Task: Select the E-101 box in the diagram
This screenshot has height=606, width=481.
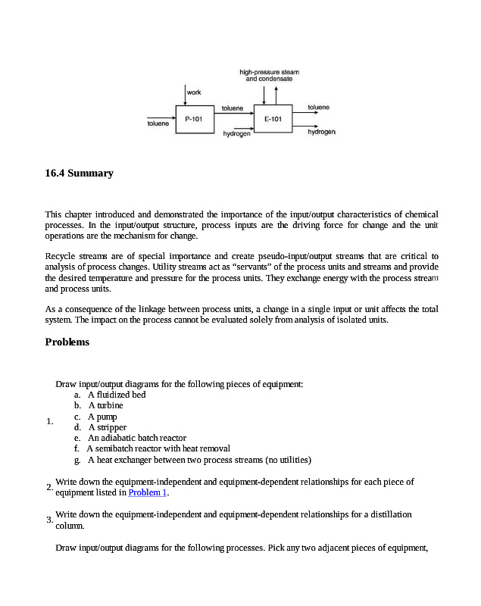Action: tap(273, 119)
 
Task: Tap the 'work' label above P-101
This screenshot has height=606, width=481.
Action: tap(194, 92)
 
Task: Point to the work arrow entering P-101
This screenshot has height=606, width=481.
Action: tap(185, 95)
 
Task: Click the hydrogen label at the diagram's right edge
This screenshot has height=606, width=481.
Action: tap(322, 132)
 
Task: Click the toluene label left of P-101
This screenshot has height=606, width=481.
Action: tap(158, 123)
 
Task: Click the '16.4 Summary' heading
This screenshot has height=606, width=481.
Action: tap(80, 173)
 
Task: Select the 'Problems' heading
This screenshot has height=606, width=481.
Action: tap(67, 342)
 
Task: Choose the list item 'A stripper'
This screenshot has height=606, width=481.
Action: tap(107, 427)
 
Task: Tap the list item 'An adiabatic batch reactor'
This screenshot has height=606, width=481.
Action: tap(136, 438)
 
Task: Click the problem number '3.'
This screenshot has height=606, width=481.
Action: tap(49, 520)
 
